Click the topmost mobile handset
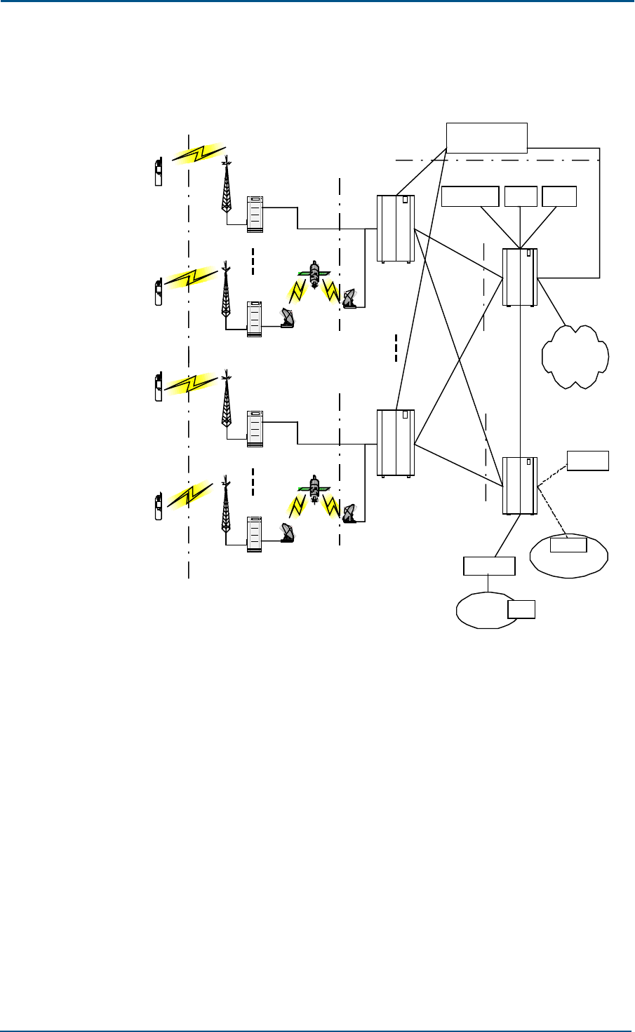tap(159, 172)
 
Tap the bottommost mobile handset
tap(159, 506)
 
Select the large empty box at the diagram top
tap(486, 137)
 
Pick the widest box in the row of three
tap(470, 196)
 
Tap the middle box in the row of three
tap(521, 196)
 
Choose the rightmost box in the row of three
tap(559, 196)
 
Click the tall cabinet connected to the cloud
tap(520, 277)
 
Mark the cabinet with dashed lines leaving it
tap(520, 485)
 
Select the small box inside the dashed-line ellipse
tap(568, 545)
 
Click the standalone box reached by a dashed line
tap(588, 461)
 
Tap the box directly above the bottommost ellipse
tap(489, 566)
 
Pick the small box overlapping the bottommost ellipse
tap(521, 609)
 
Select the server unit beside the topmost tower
tap(255, 214)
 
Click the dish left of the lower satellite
tap(288, 534)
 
